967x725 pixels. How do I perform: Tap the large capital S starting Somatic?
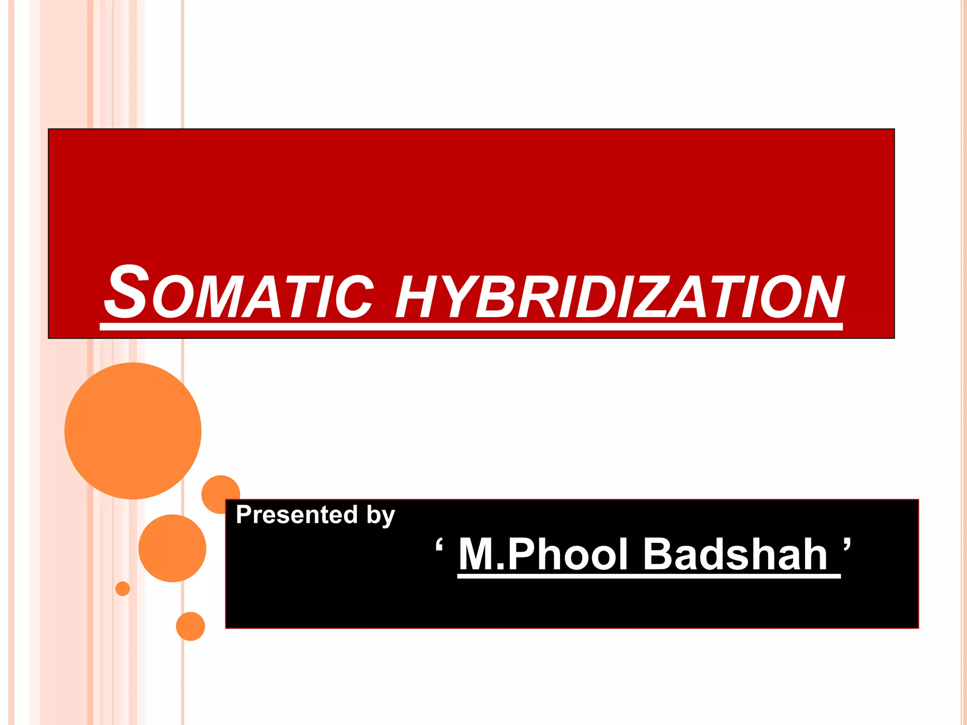point(126,292)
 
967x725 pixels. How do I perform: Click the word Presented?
point(297,514)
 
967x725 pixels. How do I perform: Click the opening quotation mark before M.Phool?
point(439,545)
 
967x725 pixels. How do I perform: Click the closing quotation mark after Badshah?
point(847,544)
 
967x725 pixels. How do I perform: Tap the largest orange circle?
point(133,430)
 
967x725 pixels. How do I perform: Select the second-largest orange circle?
point(172,548)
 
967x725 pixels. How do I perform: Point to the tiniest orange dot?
point(123,589)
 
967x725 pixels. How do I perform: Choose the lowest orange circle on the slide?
point(190,626)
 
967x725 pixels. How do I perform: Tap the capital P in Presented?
point(244,514)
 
